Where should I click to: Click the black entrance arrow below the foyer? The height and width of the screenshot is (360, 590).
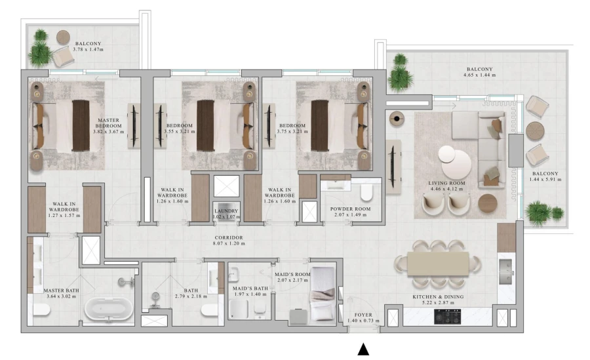pos(363,350)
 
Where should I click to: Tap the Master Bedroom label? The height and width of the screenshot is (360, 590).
pos(108,124)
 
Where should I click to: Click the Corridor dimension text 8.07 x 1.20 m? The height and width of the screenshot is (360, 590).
pos(229,244)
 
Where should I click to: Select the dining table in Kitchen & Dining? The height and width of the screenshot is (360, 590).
pos(438,264)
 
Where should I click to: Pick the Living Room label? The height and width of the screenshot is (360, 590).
pos(446,184)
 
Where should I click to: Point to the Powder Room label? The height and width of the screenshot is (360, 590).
pos(351,209)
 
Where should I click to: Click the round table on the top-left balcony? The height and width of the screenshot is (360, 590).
pos(64,37)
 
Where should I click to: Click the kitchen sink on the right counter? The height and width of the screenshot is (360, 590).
pos(505,270)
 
